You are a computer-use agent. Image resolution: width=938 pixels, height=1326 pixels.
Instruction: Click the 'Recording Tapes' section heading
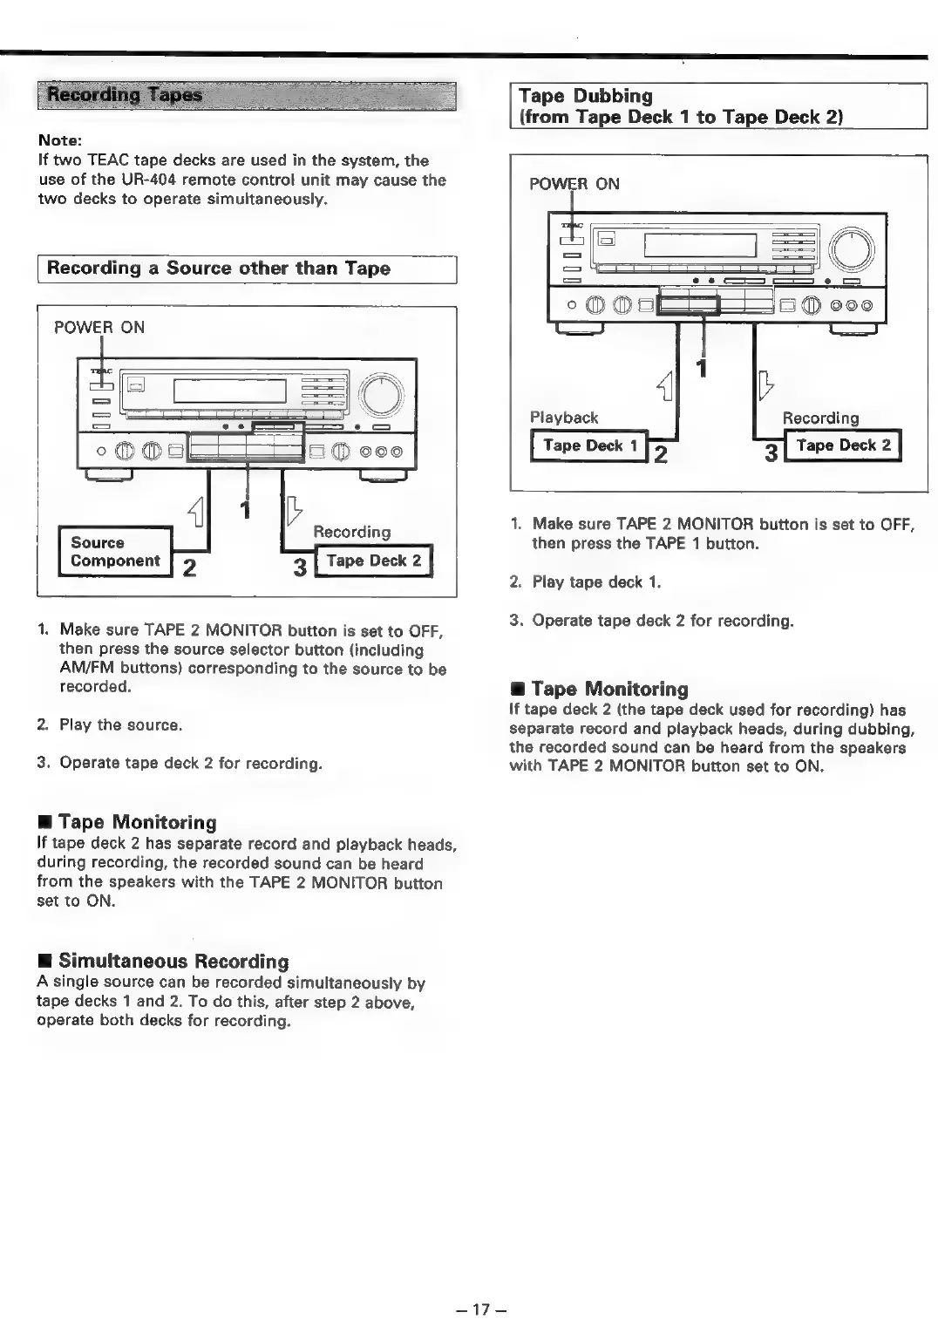[x=125, y=95]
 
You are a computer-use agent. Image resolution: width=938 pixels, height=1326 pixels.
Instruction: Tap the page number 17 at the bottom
[x=481, y=1309]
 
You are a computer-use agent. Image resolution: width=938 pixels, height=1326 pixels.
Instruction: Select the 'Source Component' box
[x=115, y=552]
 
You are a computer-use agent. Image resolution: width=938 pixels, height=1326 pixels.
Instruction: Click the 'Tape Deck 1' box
[x=589, y=445]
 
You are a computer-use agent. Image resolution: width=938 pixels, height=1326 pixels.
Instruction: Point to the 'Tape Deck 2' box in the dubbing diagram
[x=843, y=445]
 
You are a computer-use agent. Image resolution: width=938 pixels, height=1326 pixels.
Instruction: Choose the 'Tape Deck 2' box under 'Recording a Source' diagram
[x=373, y=561]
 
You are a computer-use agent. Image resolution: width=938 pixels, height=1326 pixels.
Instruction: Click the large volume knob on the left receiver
[x=382, y=395]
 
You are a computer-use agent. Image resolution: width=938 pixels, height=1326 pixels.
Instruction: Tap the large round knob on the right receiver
[x=852, y=249]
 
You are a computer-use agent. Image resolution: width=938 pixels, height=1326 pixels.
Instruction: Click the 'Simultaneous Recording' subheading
[x=173, y=961]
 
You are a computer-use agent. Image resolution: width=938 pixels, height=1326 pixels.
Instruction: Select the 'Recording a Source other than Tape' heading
[x=218, y=269]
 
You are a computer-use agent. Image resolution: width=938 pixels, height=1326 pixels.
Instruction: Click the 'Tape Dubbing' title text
[x=586, y=96]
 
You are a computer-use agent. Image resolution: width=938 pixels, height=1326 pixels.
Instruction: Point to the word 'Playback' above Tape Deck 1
[x=564, y=418]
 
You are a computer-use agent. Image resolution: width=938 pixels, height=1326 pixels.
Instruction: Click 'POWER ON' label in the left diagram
[x=99, y=328]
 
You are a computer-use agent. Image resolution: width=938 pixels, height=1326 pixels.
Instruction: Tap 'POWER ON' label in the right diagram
[x=574, y=184]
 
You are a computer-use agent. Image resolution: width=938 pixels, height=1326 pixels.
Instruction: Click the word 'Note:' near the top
[x=60, y=140]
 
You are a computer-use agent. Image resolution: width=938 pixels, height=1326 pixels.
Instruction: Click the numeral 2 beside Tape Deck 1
[x=661, y=453]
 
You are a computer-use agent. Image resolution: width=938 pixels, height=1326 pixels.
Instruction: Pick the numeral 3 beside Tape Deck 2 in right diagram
[x=771, y=453]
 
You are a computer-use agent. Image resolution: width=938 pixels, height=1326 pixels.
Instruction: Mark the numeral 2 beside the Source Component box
[x=189, y=568]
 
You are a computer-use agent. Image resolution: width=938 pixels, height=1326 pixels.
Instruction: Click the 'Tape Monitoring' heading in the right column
[x=609, y=689]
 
